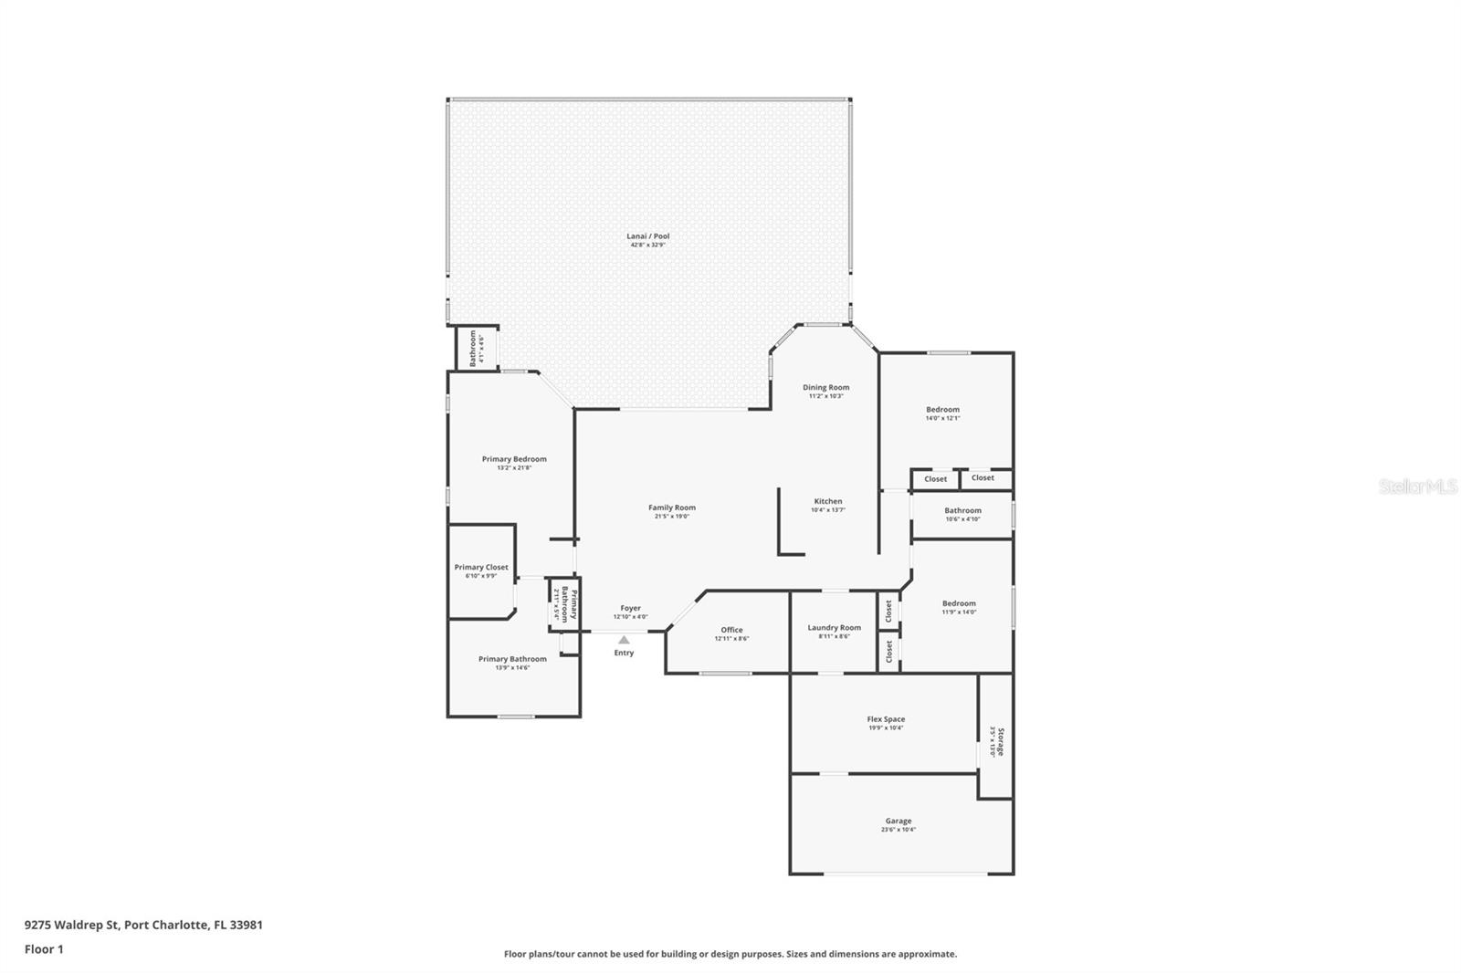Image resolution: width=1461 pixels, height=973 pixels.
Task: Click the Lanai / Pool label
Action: click(x=648, y=236)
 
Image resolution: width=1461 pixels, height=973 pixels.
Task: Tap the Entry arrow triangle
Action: click(x=624, y=640)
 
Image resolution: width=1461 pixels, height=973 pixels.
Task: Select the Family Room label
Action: click(x=672, y=508)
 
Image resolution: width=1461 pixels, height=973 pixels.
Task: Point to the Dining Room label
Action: click(x=825, y=388)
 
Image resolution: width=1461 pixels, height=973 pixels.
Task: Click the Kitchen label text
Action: click(x=828, y=501)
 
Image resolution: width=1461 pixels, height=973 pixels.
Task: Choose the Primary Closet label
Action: click(x=481, y=568)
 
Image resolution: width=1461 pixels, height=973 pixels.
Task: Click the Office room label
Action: click(x=731, y=630)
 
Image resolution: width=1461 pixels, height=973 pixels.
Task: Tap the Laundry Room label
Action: click(x=834, y=628)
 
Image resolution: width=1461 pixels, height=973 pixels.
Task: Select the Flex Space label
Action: click(x=886, y=719)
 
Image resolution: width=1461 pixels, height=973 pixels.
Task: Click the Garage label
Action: click(x=898, y=821)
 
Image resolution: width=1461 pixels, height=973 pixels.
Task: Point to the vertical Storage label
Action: click(x=1000, y=741)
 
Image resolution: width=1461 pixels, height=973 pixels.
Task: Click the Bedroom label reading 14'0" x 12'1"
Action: click(x=942, y=410)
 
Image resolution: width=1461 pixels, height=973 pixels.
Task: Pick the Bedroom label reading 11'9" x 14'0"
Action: click(x=959, y=603)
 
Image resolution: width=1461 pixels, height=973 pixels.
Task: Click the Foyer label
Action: click(x=630, y=608)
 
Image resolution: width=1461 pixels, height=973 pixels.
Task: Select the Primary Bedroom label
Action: click(x=514, y=459)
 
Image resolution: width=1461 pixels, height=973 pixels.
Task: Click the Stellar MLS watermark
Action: click(x=1417, y=487)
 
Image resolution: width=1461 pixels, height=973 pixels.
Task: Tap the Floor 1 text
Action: click(x=44, y=949)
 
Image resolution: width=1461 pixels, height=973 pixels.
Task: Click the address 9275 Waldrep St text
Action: click(x=143, y=925)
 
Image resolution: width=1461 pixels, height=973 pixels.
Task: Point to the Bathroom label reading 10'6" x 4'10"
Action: click(x=962, y=511)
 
